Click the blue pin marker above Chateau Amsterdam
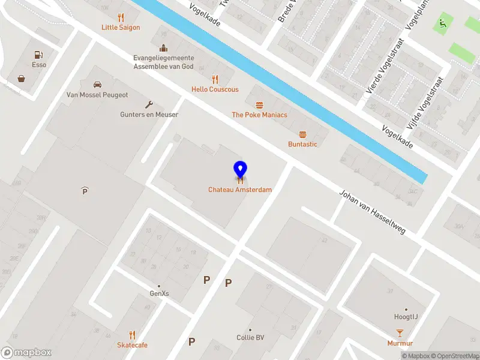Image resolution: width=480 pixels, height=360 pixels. pyautogui.click(x=240, y=169)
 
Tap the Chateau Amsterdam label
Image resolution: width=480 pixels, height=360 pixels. pyautogui.click(x=240, y=190)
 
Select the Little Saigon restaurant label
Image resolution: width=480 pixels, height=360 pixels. pyautogui.click(x=121, y=28)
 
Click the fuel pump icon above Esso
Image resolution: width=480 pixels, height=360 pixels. pyautogui.click(x=39, y=55)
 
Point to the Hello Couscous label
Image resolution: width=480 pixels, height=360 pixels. pyautogui.click(x=215, y=89)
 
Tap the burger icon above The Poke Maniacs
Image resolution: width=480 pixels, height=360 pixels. pyautogui.click(x=259, y=104)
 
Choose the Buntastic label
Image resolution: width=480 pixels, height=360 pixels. pyautogui.click(x=302, y=144)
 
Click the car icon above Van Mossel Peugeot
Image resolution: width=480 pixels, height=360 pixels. pyautogui.click(x=97, y=85)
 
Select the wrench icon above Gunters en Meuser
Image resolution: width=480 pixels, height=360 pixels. pyautogui.click(x=149, y=103)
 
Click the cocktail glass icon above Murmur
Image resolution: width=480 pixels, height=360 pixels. pyautogui.click(x=400, y=333)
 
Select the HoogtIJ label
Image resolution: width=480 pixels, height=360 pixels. pyautogui.click(x=406, y=316)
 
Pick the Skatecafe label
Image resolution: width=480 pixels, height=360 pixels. pyautogui.click(x=132, y=345)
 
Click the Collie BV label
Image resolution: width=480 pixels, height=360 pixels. pyautogui.click(x=250, y=337)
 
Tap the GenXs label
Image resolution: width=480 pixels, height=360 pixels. pyautogui.click(x=159, y=293)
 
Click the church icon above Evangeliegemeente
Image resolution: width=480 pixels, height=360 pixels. pyautogui.click(x=163, y=49)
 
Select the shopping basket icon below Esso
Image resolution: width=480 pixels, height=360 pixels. pyautogui.click(x=22, y=79)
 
